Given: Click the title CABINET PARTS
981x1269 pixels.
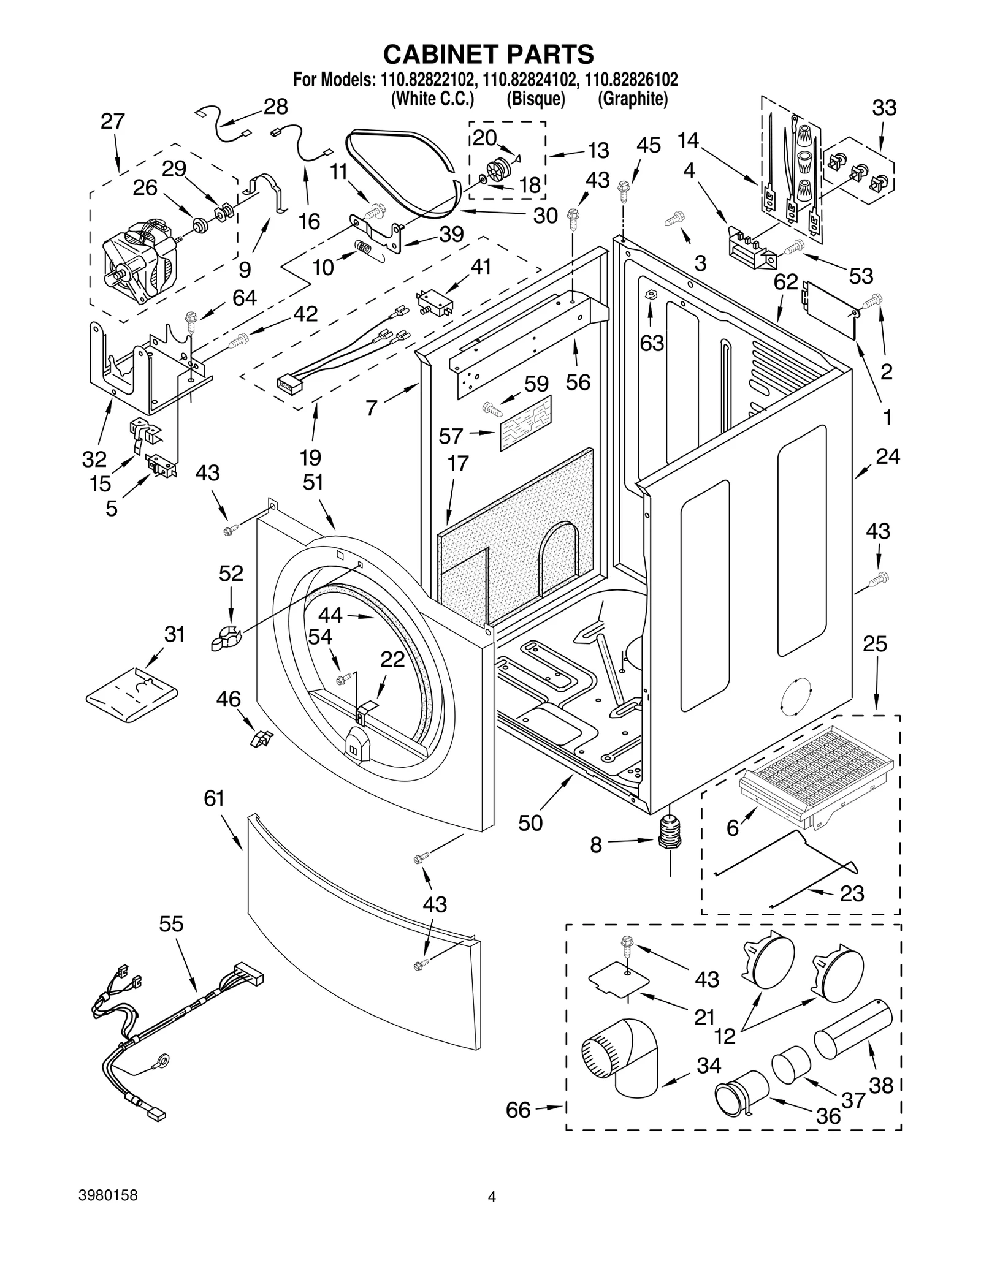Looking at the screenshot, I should (488, 54).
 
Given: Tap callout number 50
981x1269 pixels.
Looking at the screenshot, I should (530, 822).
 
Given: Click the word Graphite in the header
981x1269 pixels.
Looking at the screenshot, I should (632, 99).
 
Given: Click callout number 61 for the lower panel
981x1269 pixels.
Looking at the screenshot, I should (214, 798).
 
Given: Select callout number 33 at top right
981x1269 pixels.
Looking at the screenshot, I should (884, 108).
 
